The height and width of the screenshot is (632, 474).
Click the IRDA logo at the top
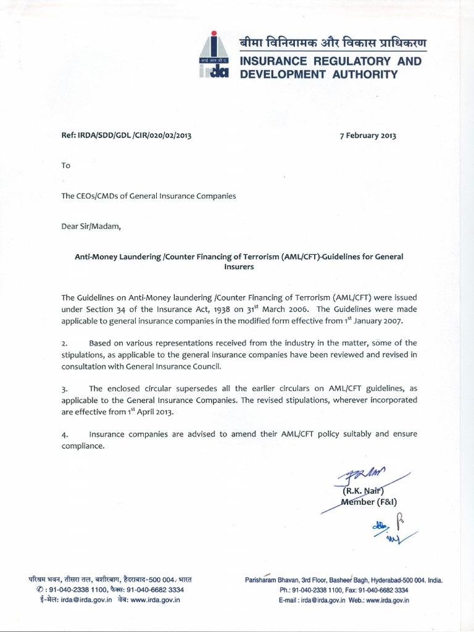214,55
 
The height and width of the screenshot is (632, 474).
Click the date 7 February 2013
368,136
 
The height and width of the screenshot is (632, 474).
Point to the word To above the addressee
66,165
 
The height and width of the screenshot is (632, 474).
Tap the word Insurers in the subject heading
238,268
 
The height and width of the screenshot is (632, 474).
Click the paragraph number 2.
64,343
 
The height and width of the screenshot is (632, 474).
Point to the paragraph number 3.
64,389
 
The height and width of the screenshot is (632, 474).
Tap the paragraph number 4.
64,434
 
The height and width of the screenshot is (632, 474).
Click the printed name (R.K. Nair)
362,492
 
